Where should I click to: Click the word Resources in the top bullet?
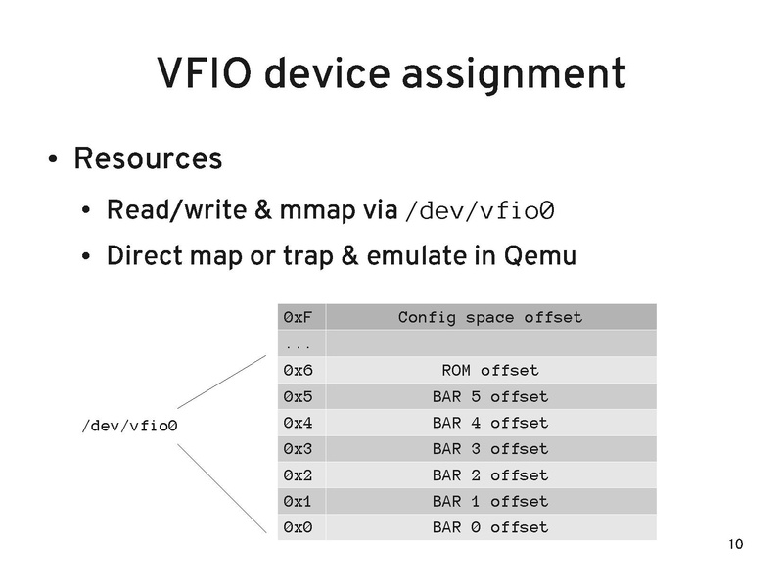pos(148,158)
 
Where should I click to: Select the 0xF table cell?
pos(297,317)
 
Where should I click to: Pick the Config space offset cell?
pos(489,317)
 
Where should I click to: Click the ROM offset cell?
pos(489,371)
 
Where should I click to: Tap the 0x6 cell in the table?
pos(297,371)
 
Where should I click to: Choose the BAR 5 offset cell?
pos(489,397)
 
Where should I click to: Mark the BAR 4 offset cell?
pos(489,424)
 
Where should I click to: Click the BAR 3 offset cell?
pos(489,449)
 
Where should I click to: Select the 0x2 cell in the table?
pos(297,475)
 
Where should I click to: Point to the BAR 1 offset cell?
pos(489,502)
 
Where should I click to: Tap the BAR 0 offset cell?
pos(489,528)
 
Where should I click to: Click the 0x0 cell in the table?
pos(297,528)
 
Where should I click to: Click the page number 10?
pos(737,545)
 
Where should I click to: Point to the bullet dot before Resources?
pos(52,159)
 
